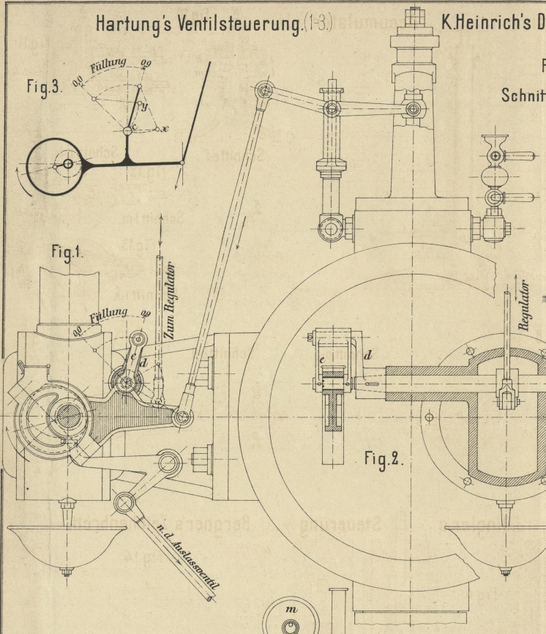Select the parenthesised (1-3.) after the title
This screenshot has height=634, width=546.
[x=318, y=25]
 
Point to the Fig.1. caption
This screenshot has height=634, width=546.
[x=68, y=255]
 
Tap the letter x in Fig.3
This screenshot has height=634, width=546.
[x=165, y=129]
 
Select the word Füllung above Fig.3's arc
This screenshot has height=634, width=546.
[x=108, y=66]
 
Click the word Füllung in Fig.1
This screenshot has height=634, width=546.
[x=108, y=317]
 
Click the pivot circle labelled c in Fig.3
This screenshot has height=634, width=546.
[x=127, y=130]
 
